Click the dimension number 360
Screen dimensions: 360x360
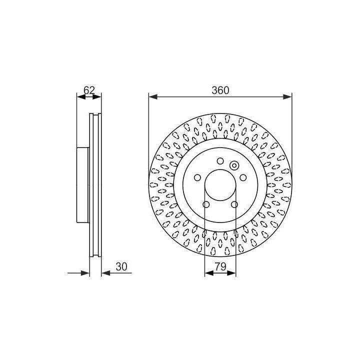coord(220,90)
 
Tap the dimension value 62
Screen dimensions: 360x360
coord(89,90)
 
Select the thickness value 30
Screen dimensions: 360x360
coord(121,266)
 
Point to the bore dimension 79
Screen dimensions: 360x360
coord(220,266)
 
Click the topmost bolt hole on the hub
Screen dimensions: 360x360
coord(220,161)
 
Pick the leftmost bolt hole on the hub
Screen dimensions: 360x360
coord(197,177)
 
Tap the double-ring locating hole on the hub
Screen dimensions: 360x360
coord(234,165)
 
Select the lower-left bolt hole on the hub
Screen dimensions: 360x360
coord(206,204)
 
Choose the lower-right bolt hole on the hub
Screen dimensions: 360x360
coord(234,204)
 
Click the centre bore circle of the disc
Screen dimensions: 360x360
coord(220,170)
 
